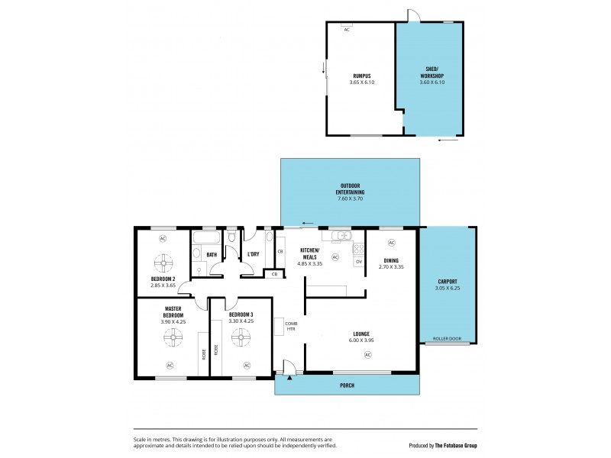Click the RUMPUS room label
click(x=361, y=75)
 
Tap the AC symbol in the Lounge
click(x=367, y=355)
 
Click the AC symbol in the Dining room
click(x=391, y=243)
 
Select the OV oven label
click(x=357, y=262)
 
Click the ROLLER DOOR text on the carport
click(x=448, y=337)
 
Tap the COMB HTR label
click(x=290, y=326)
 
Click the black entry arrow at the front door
click(x=290, y=376)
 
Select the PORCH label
click(x=347, y=385)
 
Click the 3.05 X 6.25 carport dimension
click(x=448, y=287)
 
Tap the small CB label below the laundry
click(x=273, y=274)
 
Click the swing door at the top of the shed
click(x=411, y=15)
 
